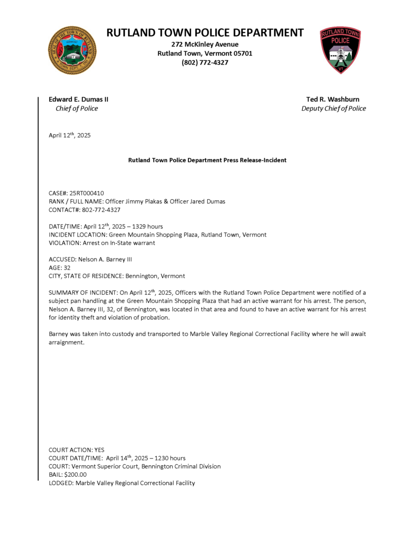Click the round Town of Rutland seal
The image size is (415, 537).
tap(72, 50)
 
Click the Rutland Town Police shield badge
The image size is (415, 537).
tap(340, 50)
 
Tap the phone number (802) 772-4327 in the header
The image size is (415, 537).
tap(205, 62)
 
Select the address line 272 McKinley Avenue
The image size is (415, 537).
tap(205, 44)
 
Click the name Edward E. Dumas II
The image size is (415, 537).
tap(79, 99)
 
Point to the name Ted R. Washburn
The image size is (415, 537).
tap(333, 99)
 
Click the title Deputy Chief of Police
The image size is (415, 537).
tap(333, 109)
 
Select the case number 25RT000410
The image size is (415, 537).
tap(90, 193)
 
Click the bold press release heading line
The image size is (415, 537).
tap(207, 160)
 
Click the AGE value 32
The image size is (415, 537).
tap(67, 267)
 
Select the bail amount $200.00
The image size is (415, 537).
tap(75, 475)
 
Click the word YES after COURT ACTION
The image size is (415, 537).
tap(100, 449)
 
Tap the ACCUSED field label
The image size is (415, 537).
tap(62, 259)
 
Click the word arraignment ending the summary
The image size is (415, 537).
tap(67, 343)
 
